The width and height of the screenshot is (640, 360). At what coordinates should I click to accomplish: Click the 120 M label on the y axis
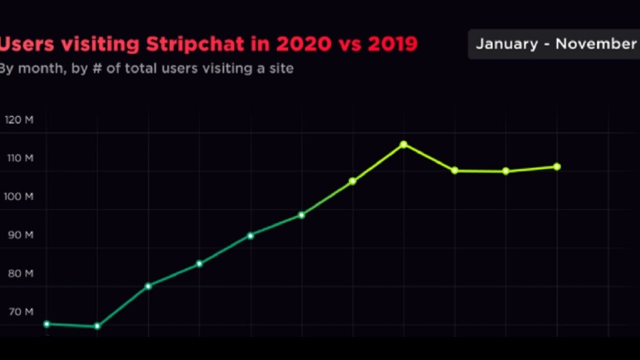pos(20,120)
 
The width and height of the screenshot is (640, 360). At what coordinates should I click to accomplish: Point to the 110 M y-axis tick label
pos(20,158)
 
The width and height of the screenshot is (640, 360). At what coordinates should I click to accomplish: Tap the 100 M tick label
pos(20,196)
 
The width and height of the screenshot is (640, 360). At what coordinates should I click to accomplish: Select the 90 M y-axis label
pos(20,235)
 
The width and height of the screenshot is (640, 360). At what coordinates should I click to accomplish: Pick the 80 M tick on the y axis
pos(20,273)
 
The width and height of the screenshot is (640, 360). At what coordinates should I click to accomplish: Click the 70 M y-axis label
pos(20,312)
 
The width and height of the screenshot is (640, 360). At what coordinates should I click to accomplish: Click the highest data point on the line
pos(403,144)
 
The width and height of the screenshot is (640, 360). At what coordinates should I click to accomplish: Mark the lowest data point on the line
pos(98,326)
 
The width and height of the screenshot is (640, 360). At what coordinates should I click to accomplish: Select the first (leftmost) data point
pos(47,324)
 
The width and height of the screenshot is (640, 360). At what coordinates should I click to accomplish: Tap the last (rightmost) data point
pos(557,167)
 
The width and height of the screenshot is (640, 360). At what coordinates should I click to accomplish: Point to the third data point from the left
pos(148,286)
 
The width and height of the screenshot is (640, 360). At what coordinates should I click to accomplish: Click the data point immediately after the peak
pos(455,170)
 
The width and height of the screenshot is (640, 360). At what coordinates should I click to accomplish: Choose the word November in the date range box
pos(596,44)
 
